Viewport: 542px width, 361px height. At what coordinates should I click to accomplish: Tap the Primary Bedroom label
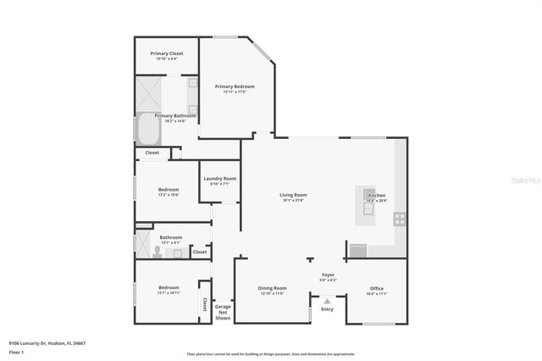pyautogui.click(x=235, y=86)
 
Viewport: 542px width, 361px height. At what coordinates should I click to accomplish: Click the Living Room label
pyautogui.click(x=293, y=196)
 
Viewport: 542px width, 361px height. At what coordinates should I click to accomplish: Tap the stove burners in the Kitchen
pyautogui.click(x=399, y=218)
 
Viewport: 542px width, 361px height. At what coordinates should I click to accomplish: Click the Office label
pyautogui.click(x=377, y=289)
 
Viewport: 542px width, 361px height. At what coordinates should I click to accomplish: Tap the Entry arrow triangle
pyautogui.click(x=327, y=299)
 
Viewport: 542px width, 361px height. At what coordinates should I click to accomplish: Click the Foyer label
pyautogui.click(x=328, y=275)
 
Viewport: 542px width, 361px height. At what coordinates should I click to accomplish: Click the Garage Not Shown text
pyautogui.click(x=223, y=310)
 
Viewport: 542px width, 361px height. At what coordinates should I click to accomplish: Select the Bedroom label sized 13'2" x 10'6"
pyautogui.click(x=169, y=190)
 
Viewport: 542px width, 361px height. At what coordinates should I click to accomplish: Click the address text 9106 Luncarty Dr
pyautogui.click(x=47, y=343)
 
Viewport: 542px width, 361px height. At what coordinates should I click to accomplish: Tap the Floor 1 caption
pyautogui.click(x=16, y=351)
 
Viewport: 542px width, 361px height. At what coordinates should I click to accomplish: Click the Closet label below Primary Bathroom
pyautogui.click(x=152, y=153)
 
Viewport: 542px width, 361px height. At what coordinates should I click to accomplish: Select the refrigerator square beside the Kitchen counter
pyautogui.click(x=358, y=250)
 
